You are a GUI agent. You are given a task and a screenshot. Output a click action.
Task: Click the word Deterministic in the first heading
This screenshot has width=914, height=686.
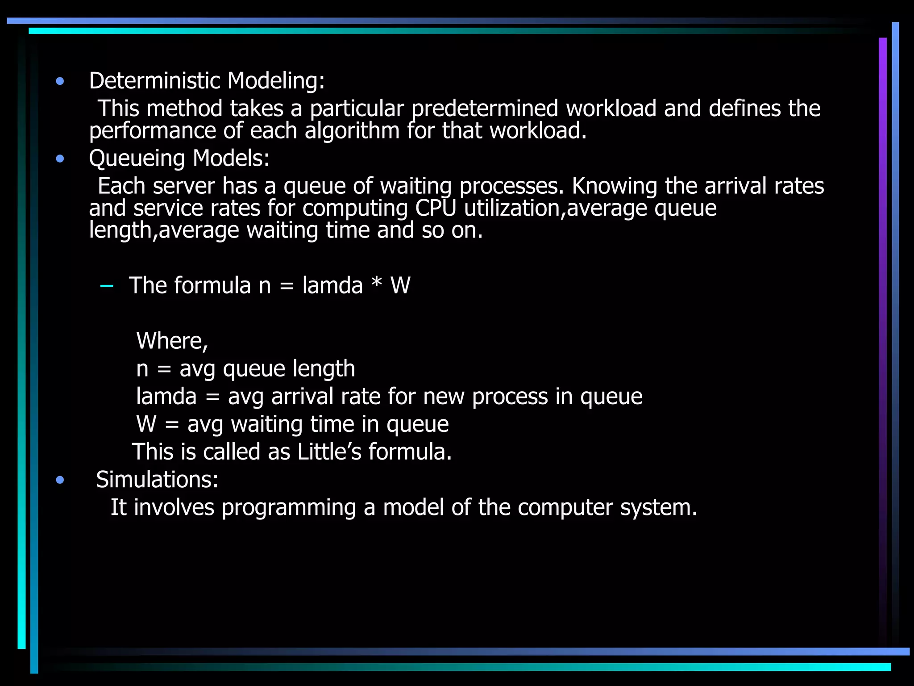pos(154,81)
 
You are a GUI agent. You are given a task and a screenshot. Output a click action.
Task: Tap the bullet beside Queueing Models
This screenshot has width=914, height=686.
pos(60,159)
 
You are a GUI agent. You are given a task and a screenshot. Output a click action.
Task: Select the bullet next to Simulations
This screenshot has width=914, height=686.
pos(60,480)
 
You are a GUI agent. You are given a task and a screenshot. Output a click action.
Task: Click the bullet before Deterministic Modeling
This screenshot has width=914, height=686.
pos(60,81)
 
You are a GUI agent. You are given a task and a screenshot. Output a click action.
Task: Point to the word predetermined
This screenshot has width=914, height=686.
pos(485,109)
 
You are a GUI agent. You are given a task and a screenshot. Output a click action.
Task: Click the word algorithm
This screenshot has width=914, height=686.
pos(352,131)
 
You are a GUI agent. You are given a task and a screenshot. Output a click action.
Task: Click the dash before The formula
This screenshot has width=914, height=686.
pos(107,286)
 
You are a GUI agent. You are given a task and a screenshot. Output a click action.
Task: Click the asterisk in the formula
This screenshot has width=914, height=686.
pos(377,284)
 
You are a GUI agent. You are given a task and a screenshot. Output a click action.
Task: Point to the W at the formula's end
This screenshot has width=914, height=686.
pos(400,286)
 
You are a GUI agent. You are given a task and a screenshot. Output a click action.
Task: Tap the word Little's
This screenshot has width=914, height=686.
pos(329,452)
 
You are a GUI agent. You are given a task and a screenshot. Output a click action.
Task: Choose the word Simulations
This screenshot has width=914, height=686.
pos(157,480)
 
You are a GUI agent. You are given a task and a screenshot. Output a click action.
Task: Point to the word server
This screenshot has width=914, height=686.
pos(183,186)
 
